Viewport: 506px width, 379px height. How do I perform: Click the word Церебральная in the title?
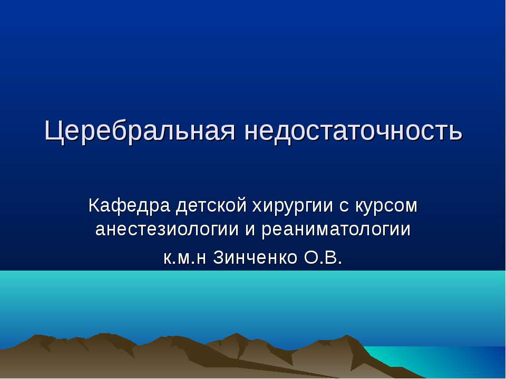pos(140,132)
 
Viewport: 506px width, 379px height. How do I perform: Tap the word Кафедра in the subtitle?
pos(129,205)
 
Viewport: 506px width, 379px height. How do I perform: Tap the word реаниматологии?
pos(344,230)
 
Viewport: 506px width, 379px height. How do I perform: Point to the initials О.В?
pos(323,257)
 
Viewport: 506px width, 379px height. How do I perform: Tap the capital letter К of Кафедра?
pos(94,205)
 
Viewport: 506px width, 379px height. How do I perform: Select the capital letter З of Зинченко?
pos(220,257)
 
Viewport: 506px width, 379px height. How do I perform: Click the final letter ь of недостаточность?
pos(457,132)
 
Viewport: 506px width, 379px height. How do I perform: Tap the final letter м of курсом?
pos(411,206)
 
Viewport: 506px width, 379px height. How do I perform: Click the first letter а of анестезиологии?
pos(100,231)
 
